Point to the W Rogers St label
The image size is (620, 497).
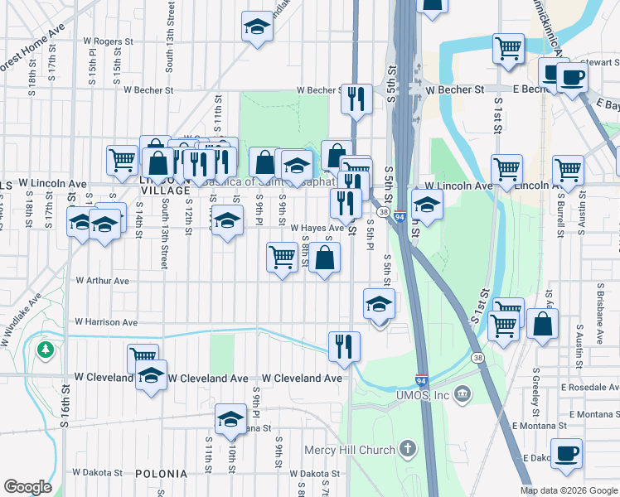click(x=109, y=41)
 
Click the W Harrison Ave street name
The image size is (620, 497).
click(x=106, y=321)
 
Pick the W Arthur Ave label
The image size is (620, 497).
click(x=102, y=281)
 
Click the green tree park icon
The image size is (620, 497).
click(x=44, y=350)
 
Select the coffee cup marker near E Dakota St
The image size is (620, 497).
click(x=567, y=453)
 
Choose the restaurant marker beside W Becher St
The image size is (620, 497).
click(x=356, y=99)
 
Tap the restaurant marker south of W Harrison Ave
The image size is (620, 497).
click(x=344, y=345)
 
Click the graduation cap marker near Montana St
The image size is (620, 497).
click(x=230, y=418)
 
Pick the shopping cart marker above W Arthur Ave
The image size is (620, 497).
click(x=283, y=257)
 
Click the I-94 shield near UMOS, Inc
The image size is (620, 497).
click(x=422, y=380)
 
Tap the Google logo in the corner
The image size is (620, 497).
click(x=28, y=487)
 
